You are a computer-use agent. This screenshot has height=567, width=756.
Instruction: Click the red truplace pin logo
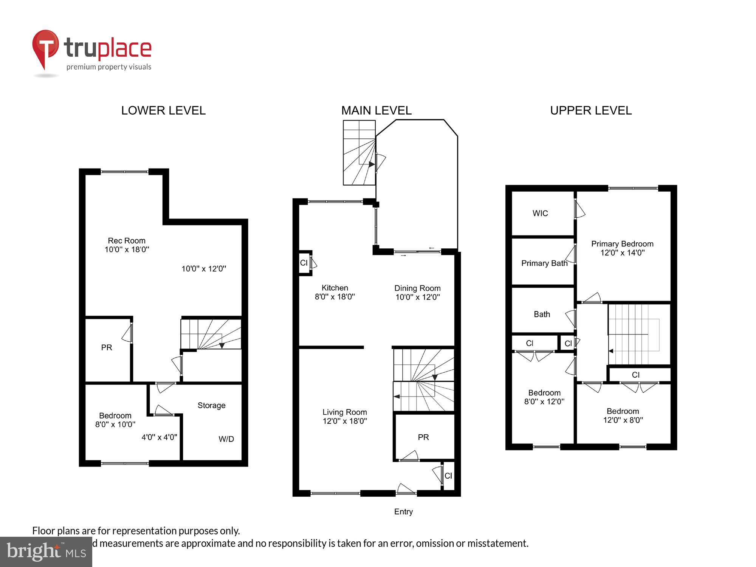click(45, 47)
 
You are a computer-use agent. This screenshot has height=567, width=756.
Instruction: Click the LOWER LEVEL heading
click(163, 110)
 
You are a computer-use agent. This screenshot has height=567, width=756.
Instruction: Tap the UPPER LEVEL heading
click(591, 110)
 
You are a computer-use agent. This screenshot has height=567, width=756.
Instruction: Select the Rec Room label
click(127, 241)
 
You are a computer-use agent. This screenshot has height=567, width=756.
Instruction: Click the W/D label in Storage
click(226, 439)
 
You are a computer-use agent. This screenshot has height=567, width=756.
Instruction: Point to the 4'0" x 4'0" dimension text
click(159, 437)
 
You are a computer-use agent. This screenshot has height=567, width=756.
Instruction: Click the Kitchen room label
click(335, 288)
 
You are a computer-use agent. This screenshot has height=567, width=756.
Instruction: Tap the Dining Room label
click(417, 288)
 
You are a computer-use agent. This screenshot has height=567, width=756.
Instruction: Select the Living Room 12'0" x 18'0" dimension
click(345, 421)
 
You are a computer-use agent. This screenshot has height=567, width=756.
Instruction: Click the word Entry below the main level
click(403, 511)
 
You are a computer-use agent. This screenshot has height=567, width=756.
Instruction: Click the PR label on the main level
click(423, 437)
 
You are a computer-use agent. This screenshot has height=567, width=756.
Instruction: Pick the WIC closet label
click(540, 213)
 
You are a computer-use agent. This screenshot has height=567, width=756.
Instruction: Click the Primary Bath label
click(544, 263)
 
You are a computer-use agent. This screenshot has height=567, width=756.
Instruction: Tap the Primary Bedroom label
click(622, 244)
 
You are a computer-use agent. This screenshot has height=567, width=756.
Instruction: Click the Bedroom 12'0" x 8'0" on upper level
click(623, 415)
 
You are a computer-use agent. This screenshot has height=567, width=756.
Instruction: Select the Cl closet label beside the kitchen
click(304, 263)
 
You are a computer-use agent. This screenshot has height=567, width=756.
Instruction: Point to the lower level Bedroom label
click(115, 415)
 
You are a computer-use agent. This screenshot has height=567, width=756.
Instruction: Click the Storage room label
click(211, 405)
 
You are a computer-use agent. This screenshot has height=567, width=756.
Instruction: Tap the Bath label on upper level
click(542, 314)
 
